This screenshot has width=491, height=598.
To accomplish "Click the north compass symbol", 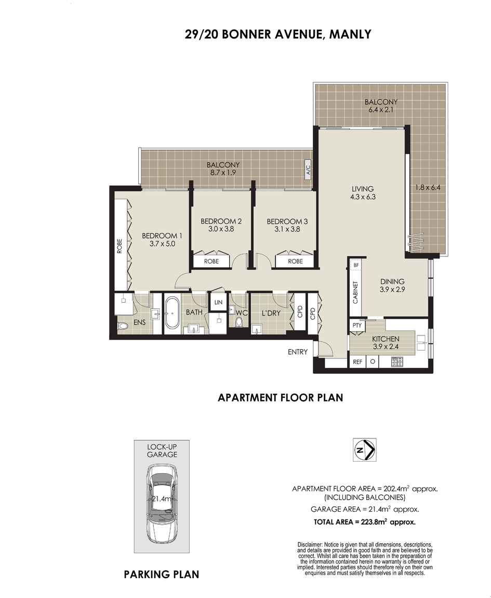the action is (364, 450).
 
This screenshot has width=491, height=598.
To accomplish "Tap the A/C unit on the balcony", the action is (309, 168).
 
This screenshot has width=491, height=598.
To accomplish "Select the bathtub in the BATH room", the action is (172, 314).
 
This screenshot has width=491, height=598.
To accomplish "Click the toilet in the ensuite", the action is (123, 327).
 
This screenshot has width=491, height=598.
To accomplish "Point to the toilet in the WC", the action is (239, 322).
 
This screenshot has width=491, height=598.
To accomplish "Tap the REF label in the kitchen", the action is (357, 361).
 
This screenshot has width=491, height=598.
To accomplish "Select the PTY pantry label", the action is (357, 326).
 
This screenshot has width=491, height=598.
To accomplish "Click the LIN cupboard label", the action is (218, 303).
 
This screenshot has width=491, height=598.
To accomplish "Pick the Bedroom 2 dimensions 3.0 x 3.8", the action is (221, 229).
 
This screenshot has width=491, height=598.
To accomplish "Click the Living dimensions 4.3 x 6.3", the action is (363, 197).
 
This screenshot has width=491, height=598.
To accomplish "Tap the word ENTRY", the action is (297, 352).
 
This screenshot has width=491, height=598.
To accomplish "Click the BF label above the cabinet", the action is (356, 265).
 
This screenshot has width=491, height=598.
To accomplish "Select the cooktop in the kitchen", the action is (397, 361).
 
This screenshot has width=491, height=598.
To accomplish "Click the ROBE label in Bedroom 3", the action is (296, 261).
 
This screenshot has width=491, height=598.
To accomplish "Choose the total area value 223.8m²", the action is (374, 522).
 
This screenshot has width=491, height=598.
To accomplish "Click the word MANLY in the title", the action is (350, 34).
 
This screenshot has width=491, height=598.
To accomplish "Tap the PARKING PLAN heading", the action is (161, 575).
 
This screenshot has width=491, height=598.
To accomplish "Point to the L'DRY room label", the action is (271, 313).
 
